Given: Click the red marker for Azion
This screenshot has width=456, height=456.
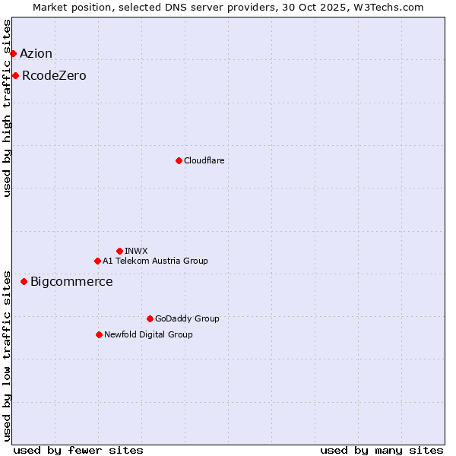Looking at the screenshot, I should click(x=13, y=53).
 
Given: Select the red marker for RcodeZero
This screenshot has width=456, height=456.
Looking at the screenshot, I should click(x=15, y=75).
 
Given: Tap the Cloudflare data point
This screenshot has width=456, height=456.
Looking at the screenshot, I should click(x=179, y=160).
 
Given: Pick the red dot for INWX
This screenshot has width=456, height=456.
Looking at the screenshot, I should click(x=119, y=251).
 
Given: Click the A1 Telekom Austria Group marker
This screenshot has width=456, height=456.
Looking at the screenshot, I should click(x=97, y=261).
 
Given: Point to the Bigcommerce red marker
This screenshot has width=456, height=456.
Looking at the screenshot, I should click(x=24, y=281).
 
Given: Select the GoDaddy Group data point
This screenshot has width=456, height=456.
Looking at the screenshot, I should click(x=150, y=318).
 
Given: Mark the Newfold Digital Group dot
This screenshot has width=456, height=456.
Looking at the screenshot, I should click(x=99, y=334).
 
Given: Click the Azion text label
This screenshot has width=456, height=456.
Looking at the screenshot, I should click(x=36, y=53).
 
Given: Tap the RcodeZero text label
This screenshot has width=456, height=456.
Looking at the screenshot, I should click(x=54, y=75).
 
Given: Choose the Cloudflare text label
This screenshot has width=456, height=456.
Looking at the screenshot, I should click(x=204, y=160).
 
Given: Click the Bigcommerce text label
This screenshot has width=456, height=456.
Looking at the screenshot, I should click(x=71, y=282).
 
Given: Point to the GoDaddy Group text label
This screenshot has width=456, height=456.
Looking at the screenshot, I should click(x=187, y=318).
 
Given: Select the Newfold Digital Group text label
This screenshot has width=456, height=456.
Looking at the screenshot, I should click(x=148, y=334).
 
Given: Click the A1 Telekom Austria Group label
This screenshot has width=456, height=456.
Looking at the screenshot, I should click(x=155, y=261).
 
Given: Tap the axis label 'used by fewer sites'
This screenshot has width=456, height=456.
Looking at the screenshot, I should click(x=78, y=450).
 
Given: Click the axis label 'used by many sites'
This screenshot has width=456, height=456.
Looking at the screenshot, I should click(x=382, y=450).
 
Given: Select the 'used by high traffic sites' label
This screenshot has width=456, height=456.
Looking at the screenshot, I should click(x=8, y=108).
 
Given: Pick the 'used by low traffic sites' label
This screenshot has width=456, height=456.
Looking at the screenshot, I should click(x=8, y=355).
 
